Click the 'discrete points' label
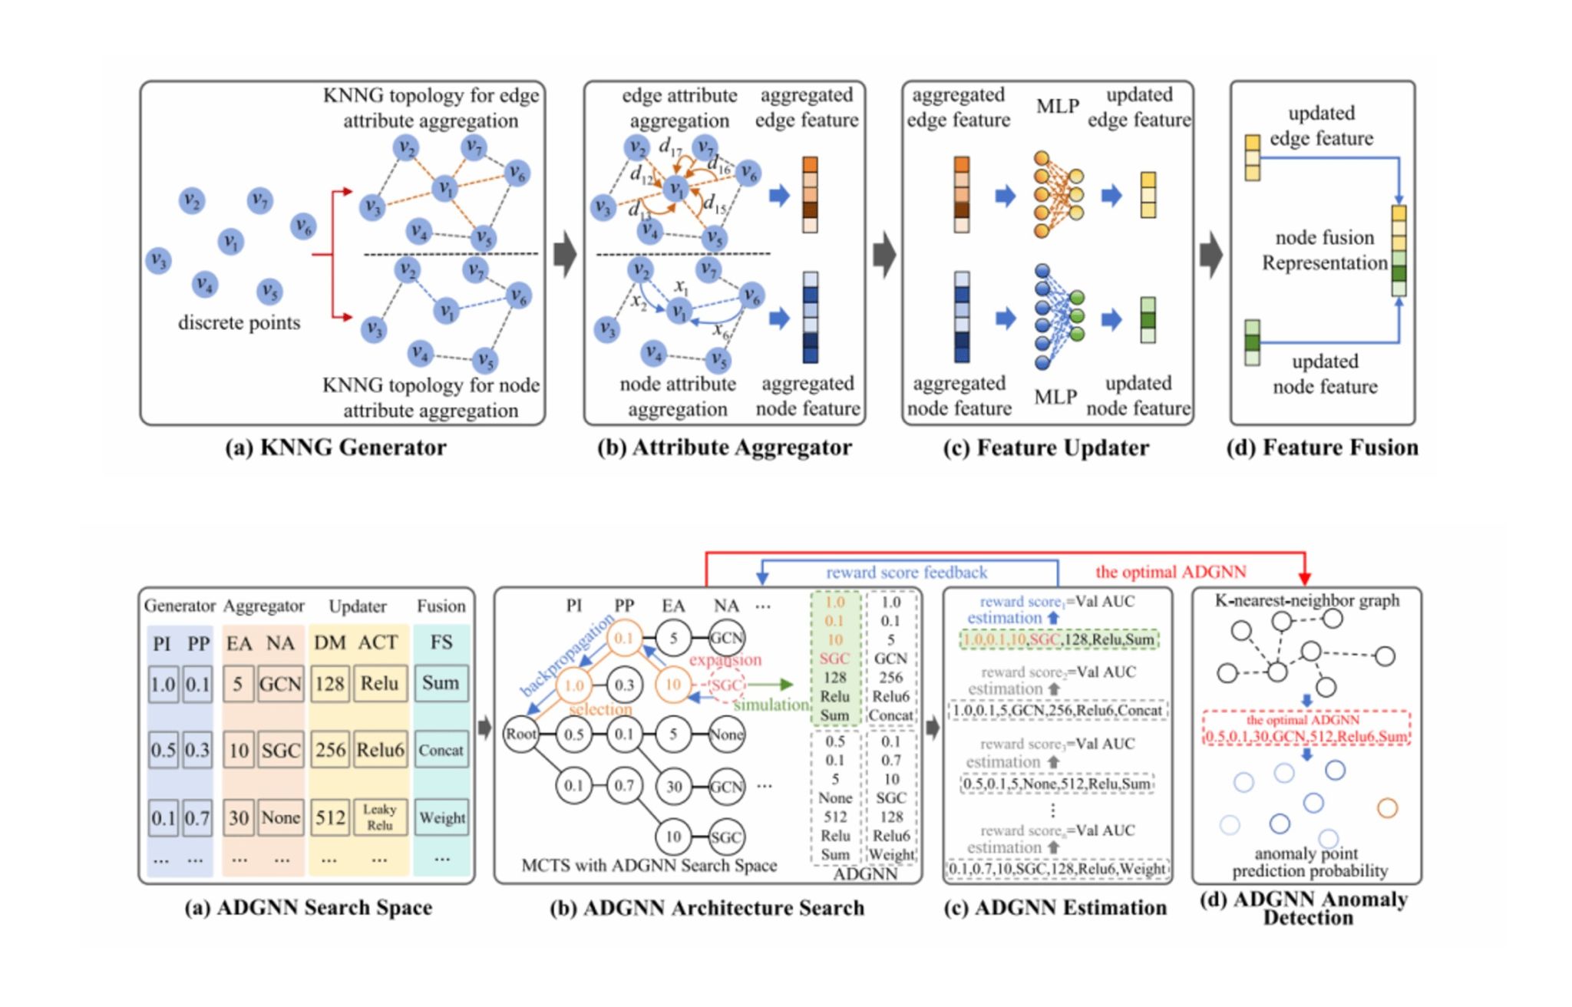239,323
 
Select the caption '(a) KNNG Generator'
335,447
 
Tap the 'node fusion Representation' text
1325,250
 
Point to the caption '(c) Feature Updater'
1045,447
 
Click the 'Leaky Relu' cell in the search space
379,817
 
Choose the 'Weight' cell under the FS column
442,817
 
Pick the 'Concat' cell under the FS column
441,750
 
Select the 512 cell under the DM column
330,817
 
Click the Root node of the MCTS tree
520,735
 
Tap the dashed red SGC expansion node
725,685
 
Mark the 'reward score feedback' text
907,573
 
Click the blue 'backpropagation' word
566,655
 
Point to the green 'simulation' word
771,705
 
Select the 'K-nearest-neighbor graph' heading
1306,601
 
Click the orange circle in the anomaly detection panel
1387,808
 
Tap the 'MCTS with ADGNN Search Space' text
649,866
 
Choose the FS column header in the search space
441,642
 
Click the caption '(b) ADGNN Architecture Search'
707,908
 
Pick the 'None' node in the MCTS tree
725,735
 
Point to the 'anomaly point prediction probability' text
1309,862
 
